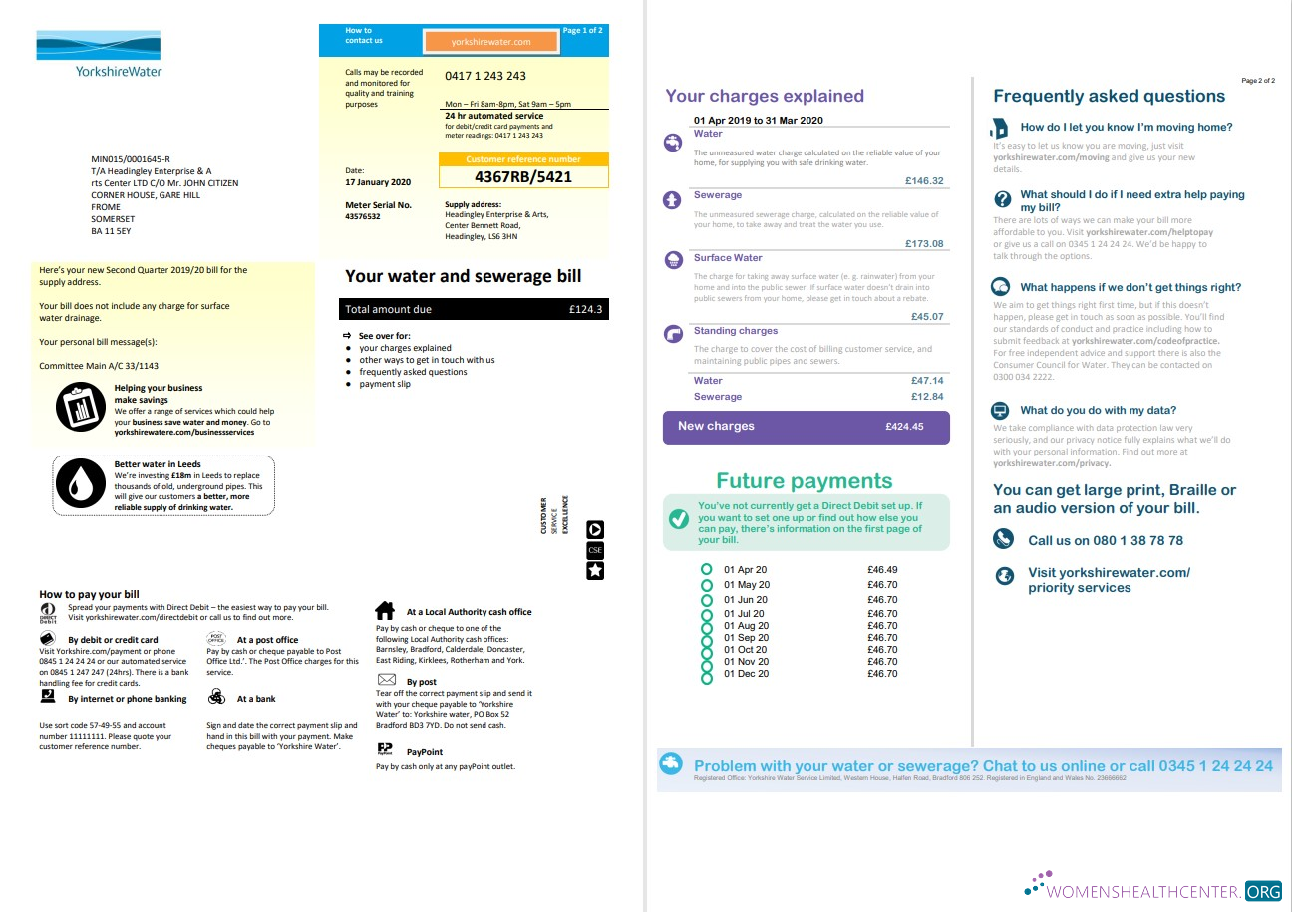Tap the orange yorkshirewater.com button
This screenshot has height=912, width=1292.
490,42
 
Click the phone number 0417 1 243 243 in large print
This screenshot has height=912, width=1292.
485,76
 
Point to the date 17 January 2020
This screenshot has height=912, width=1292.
378,182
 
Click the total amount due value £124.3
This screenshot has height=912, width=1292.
585,310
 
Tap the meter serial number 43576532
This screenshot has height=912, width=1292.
362,216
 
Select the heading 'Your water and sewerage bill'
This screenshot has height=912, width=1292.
463,276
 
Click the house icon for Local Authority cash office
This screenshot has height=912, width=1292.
385,610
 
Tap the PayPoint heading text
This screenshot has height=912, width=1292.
425,751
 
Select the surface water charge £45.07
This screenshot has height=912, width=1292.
927,317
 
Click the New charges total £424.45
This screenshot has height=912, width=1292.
904,427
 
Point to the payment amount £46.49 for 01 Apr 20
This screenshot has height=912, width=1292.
882,570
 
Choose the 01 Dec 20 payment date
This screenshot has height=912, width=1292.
746,674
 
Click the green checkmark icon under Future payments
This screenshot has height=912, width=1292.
678,519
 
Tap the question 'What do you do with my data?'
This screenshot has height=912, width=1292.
1098,410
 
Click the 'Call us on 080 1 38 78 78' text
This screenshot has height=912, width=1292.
1106,540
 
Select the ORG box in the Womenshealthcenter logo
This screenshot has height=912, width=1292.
1262,891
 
